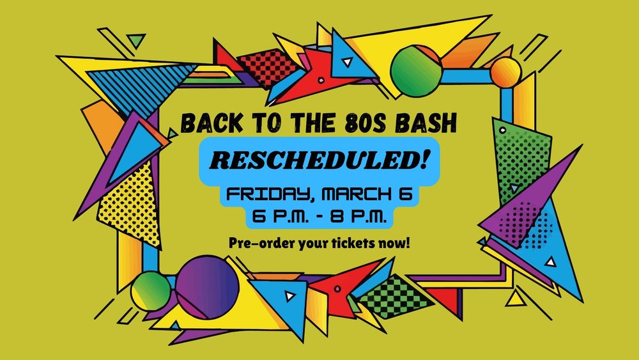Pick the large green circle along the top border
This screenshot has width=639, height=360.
point(417,70)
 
